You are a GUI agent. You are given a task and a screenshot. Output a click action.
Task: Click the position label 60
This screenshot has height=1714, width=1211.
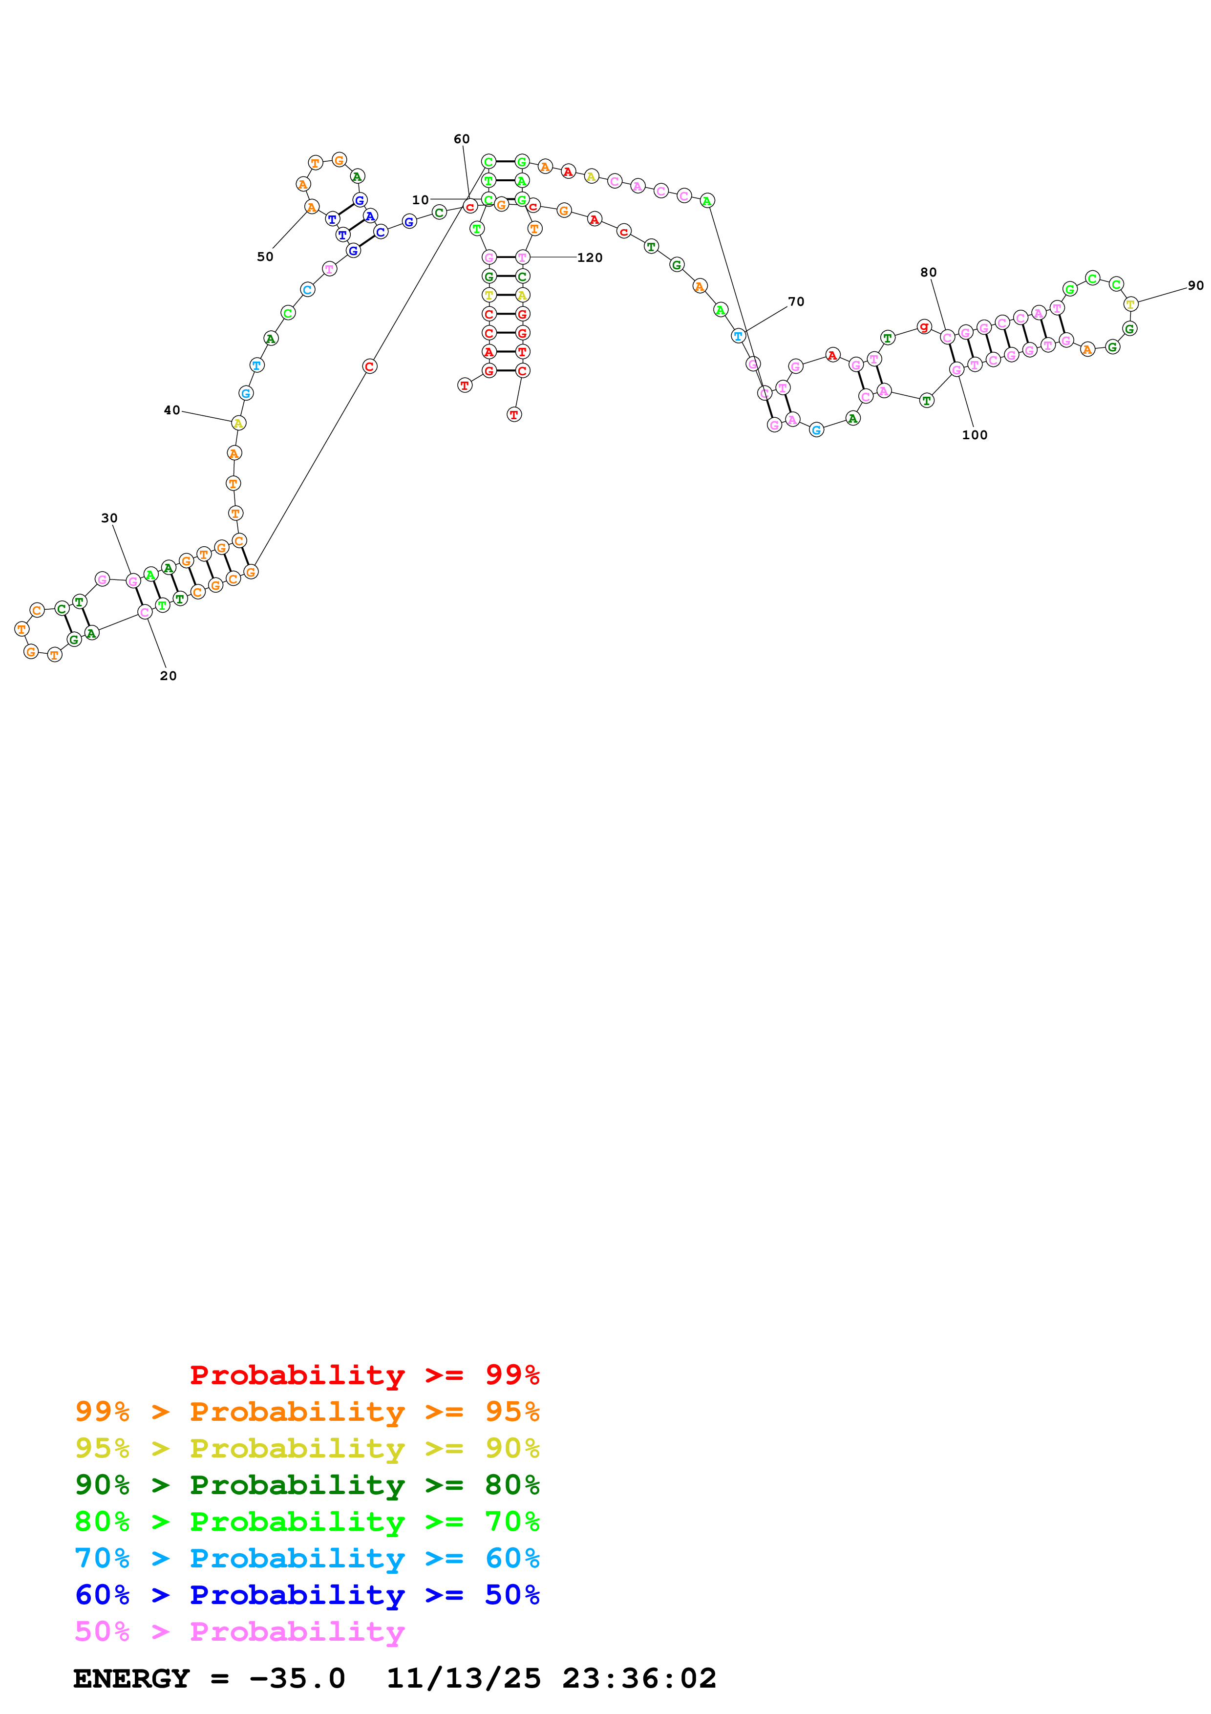(x=462, y=139)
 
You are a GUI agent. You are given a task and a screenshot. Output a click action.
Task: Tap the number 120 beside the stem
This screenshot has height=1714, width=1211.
(x=590, y=257)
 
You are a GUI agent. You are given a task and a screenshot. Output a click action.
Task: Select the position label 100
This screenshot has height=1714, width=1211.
(x=975, y=435)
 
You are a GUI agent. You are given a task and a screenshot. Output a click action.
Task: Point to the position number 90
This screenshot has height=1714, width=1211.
(x=1195, y=285)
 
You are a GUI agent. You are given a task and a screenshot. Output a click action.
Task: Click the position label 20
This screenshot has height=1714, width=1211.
(x=169, y=676)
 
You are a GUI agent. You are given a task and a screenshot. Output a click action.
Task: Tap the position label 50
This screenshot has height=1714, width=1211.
(x=265, y=257)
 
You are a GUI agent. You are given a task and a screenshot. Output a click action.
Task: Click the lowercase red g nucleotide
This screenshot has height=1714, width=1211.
(x=924, y=326)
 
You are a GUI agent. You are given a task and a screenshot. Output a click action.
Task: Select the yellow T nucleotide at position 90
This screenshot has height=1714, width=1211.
(x=1130, y=304)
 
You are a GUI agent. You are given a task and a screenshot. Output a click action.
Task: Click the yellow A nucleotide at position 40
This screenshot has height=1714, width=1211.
(x=238, y=423)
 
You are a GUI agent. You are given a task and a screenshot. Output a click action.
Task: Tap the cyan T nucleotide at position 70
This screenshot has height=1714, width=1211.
(x=738, y=336)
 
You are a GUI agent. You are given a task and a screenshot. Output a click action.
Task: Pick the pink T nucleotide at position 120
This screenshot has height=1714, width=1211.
(x=522, y=257)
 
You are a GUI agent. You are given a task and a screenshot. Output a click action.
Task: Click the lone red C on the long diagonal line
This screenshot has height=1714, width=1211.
(x=369, y=366)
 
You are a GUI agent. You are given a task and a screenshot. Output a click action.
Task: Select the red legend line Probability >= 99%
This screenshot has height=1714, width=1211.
(x=364, y=1375)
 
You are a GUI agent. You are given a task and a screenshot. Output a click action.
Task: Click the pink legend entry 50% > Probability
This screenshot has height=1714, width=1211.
(x=239, y=1632)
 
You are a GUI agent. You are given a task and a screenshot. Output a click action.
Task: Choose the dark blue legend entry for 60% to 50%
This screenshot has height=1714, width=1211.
(x=307, y=1595)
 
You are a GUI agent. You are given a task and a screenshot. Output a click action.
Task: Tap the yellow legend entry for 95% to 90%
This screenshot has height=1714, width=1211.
(x=307, y=1448)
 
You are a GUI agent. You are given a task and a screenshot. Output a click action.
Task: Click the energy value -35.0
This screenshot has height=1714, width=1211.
(x=297, y=1679)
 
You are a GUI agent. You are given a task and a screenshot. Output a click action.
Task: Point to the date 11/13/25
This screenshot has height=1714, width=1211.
(x=464, y=1679)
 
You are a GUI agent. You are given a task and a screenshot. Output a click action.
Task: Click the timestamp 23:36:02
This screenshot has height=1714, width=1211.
(x=639, y=1679)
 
